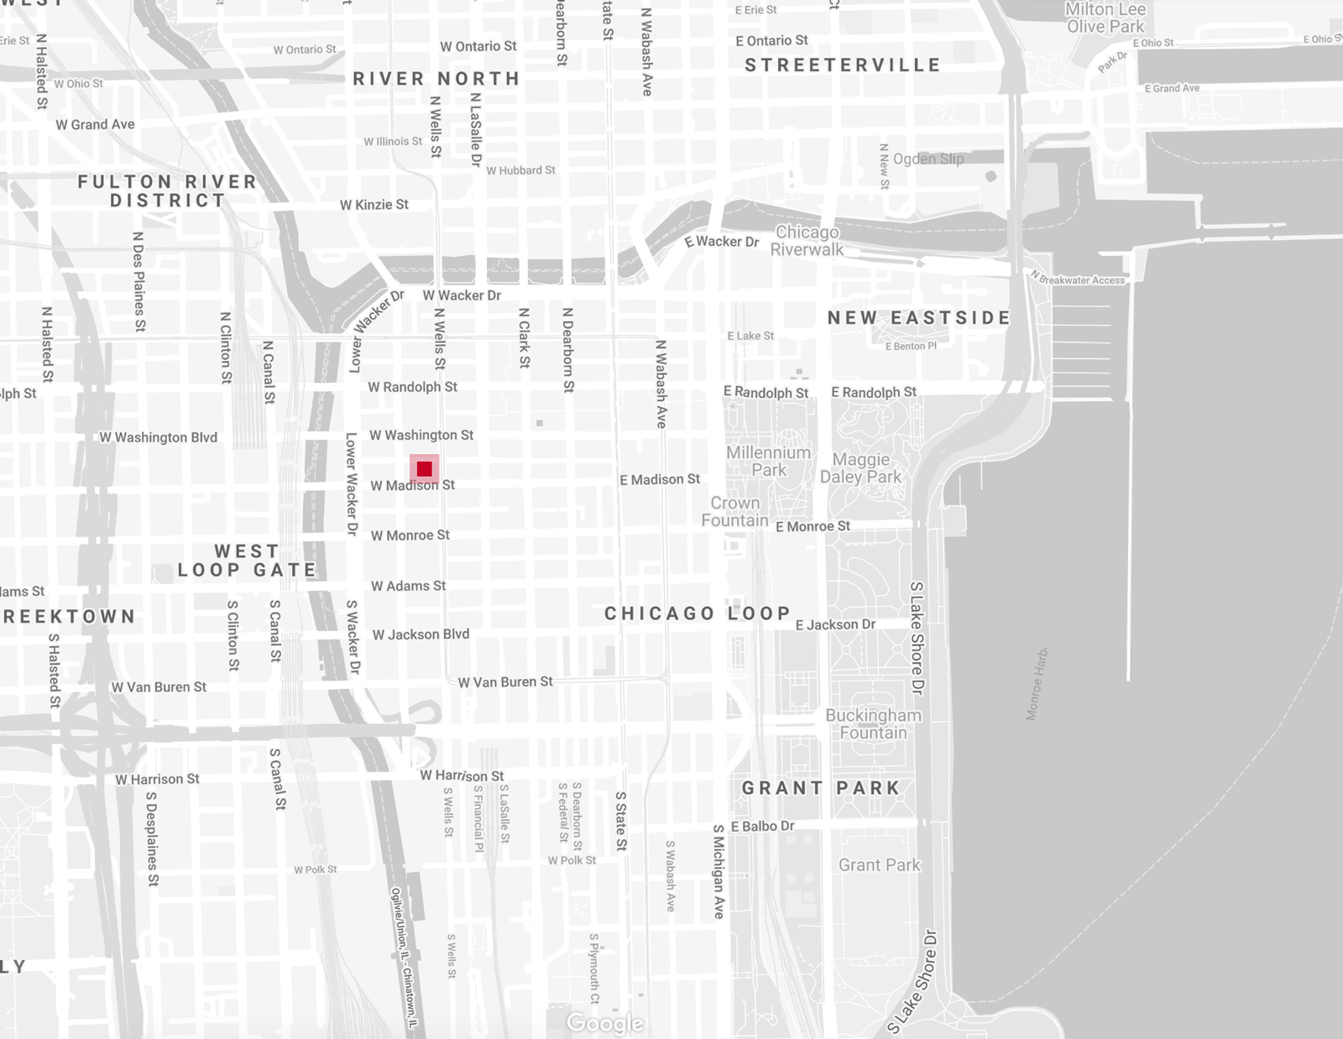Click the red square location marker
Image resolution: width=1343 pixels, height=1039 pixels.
424,468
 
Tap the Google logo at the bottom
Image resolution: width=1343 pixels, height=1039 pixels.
604,1023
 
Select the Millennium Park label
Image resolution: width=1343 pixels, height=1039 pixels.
768,461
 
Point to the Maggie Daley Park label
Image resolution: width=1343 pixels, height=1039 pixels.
860,468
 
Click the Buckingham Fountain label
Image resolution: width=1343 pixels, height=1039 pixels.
873,723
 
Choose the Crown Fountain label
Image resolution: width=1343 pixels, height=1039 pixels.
735,511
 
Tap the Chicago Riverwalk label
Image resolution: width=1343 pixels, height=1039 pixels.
807,240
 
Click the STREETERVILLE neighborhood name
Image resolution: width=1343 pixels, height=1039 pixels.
843,65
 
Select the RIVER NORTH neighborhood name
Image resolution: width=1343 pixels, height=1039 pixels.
436,79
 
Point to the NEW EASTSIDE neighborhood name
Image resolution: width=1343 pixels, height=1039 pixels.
919,318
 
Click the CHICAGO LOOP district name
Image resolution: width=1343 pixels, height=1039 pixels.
698,613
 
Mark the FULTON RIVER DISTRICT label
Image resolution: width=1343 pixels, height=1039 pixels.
168,191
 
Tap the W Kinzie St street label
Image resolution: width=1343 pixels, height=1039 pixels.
374,205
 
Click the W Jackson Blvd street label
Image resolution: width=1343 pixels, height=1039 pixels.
421,634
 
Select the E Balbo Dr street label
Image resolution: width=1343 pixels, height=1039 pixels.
762,826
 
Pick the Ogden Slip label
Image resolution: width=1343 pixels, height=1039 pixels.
928,159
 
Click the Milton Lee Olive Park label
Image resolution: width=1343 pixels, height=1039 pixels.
1105,18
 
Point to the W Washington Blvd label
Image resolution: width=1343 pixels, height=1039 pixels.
158,437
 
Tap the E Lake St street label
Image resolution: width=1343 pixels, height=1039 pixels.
750,336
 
